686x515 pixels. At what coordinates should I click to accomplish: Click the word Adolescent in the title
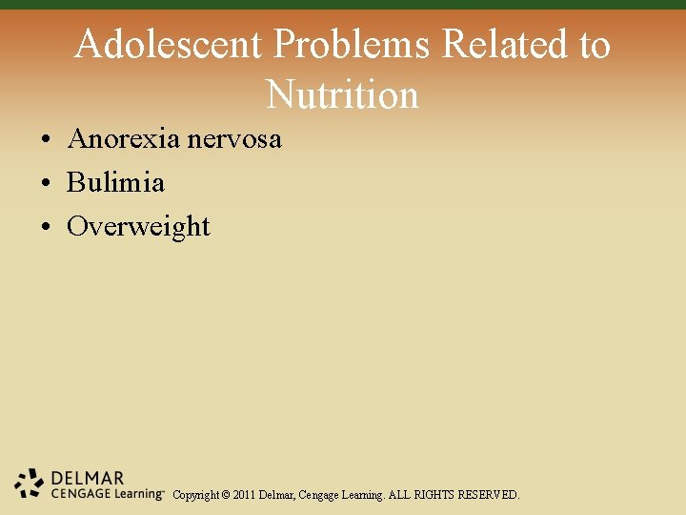168,44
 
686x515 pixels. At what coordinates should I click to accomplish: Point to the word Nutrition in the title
343,94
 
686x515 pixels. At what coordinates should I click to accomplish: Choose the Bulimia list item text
115,182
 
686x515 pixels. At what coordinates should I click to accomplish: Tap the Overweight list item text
138,226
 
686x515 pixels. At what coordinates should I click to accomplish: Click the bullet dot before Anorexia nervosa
46,140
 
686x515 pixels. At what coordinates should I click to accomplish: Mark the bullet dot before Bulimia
46,184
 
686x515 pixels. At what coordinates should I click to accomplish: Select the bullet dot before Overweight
46,228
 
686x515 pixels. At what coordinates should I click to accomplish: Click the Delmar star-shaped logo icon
30,484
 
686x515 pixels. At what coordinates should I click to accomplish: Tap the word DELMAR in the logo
87,477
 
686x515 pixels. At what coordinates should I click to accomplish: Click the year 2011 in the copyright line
244,495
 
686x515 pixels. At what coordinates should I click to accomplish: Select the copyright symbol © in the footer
225,495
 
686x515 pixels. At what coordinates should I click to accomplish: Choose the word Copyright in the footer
195,495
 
